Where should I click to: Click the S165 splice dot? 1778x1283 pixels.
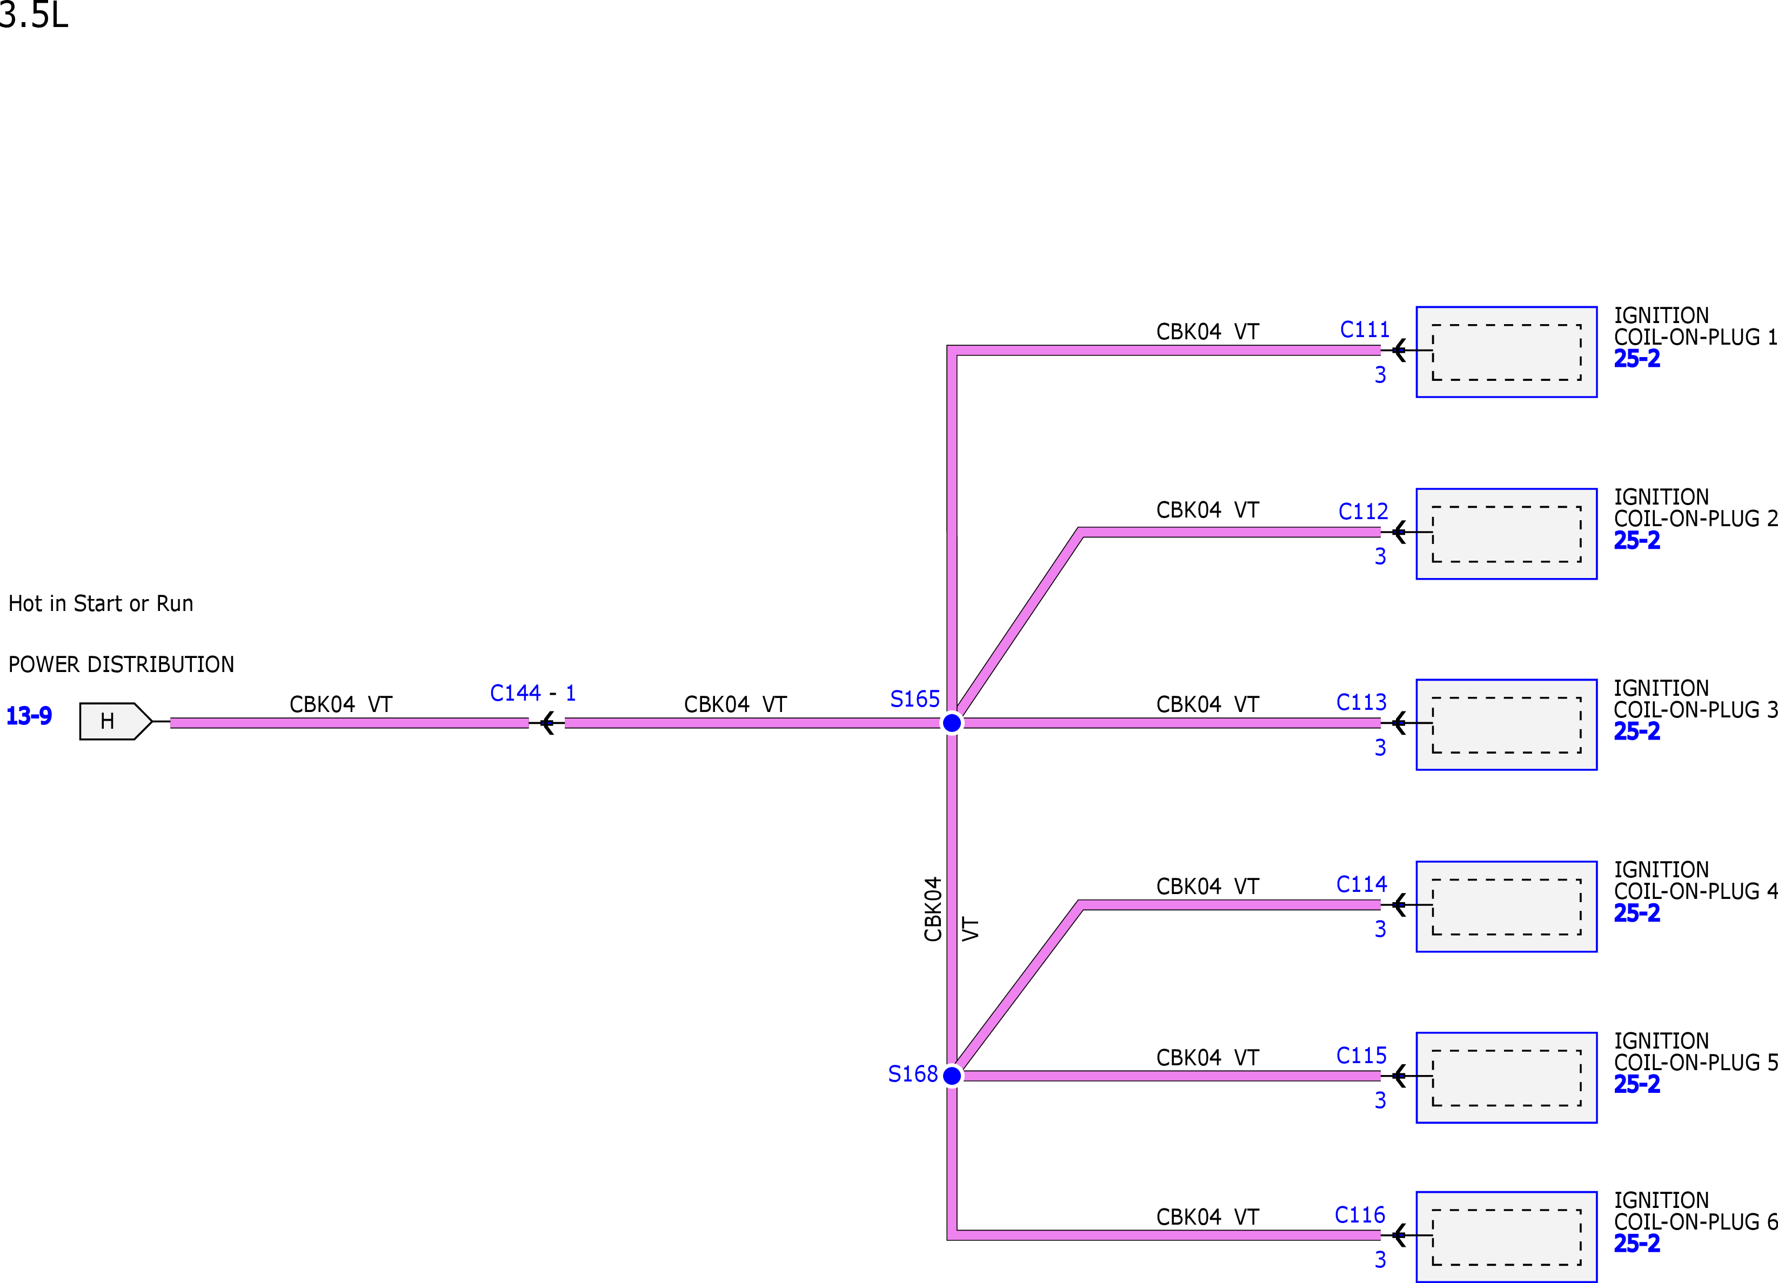pos(952,723)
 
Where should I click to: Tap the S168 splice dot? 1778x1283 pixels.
pos(952,1076)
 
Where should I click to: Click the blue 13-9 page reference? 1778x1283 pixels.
pos(29,716)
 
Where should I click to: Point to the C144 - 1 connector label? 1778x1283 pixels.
pos(533,693)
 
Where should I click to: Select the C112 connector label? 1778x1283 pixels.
pos(1363,511)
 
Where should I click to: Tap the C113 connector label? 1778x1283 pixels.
pos(1362,702)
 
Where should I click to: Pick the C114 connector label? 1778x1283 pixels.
pos(1362,884)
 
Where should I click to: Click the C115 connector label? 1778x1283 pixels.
pos(1362,1056)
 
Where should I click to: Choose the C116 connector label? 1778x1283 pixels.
pos(1360,1215)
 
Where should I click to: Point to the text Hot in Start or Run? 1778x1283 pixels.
pos(101,603)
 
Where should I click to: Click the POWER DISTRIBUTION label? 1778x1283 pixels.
pos(121,664)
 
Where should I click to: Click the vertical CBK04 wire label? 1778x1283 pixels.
pos(933,909)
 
